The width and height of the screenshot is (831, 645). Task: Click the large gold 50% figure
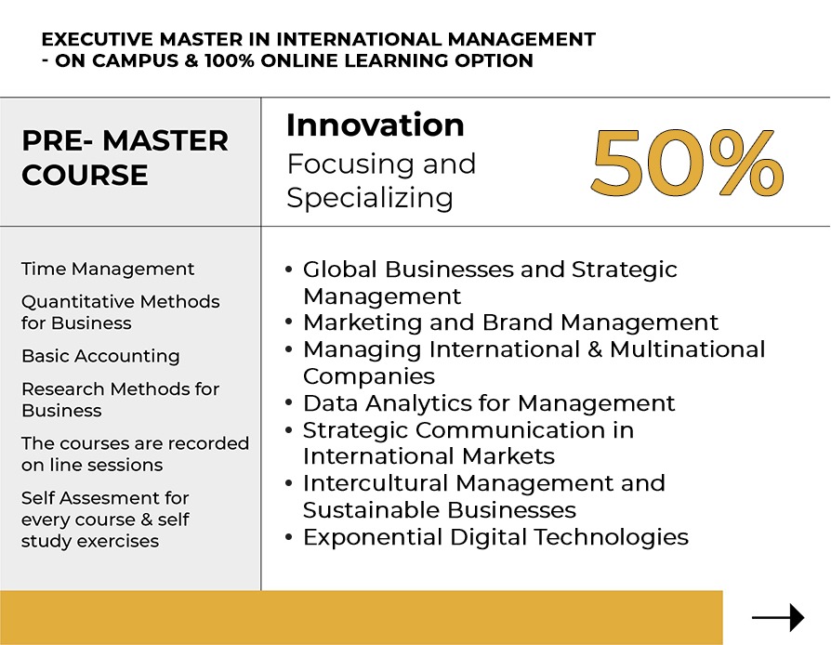(x=687, y=162)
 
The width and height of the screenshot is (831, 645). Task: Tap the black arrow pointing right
(x=778, y=617)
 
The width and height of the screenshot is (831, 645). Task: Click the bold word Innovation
(x=376, y=125)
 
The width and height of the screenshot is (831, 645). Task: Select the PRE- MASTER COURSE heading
(x=125, y=157)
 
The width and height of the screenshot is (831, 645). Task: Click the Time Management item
(x=108, y=269)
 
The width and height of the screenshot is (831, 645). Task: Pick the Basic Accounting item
(x=100, y=356)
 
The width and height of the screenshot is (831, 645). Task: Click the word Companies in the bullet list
(x=369, y=376)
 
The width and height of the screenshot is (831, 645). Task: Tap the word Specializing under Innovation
(x=370, y=198)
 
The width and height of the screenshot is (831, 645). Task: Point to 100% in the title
(x=230, y=60)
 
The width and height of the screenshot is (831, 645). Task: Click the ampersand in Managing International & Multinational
(x=595, y=349)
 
